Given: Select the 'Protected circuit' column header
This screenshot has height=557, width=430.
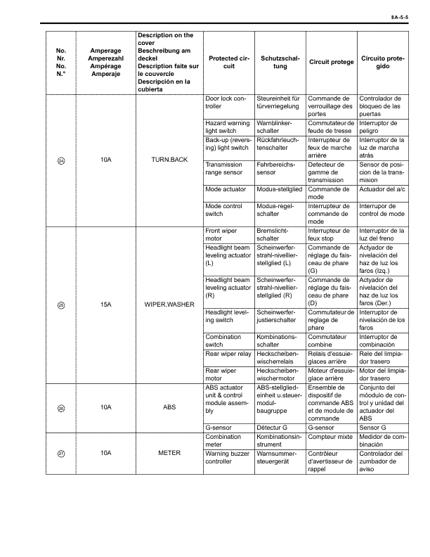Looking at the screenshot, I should coord(228,62).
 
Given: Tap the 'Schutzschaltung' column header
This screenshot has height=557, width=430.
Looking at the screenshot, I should coord(280,62).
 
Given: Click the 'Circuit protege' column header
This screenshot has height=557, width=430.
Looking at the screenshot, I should coord(331,62).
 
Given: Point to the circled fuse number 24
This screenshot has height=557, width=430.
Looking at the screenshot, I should coord(61,160).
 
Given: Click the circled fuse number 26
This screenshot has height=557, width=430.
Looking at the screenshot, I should coord(61,407).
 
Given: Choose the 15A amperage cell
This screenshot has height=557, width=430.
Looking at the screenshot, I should coord(106,306).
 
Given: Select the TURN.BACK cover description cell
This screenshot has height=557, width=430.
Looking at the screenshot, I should coord(169,160).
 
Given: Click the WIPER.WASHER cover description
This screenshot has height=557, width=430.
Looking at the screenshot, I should coord(169,306).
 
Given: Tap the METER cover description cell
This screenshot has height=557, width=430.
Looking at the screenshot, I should coord(169,452).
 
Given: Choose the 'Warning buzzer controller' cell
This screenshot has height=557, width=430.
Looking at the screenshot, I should coord(228,462).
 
